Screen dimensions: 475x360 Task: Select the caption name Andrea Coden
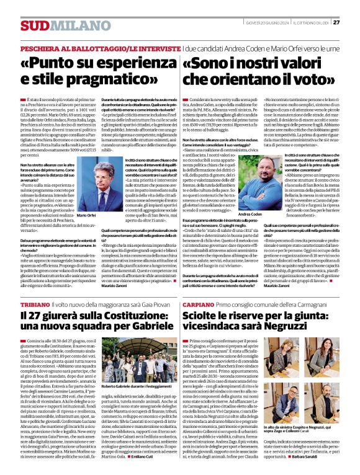click(x=250, y=214)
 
